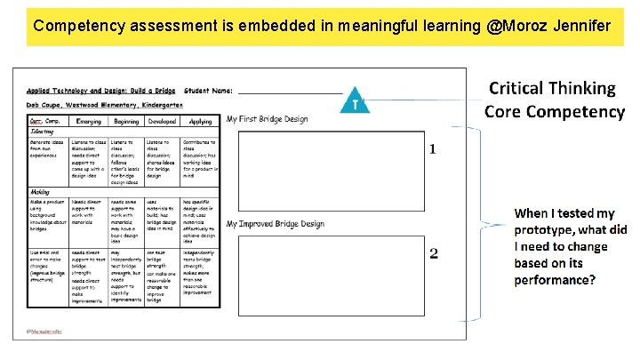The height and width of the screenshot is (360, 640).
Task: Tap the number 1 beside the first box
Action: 433,148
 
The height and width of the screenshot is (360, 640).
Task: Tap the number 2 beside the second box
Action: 433,255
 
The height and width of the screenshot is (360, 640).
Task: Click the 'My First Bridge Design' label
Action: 267,118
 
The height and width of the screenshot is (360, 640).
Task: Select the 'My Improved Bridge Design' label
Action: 275,224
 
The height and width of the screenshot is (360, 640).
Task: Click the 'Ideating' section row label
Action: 44,131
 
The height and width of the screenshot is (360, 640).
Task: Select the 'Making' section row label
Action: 41,191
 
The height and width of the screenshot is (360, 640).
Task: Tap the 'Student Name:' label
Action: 209,91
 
